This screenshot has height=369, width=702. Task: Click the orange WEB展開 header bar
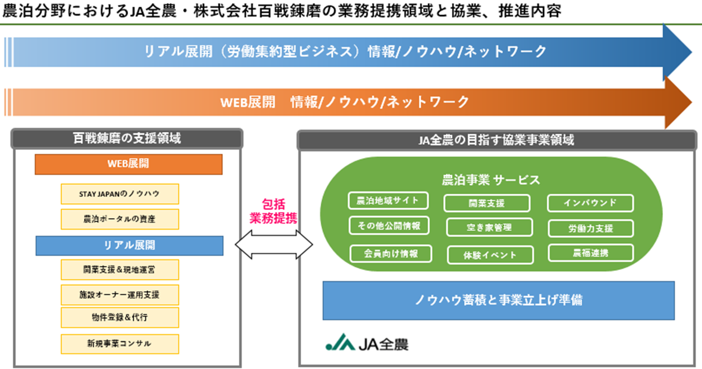click(x=129, y=164)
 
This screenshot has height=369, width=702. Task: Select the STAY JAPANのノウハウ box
click(x=120, y=194)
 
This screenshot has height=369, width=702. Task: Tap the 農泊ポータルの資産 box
click(x=120, y=219)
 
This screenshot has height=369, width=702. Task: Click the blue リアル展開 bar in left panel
click(x=129, y=245)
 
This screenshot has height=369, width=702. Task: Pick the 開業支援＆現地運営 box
click(x=120, y=269)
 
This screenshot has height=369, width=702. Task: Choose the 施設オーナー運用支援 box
click(x=120, y=295)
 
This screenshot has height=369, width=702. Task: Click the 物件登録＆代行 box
click(x=120, y=317)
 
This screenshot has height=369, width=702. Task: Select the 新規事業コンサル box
click(x=120, y=344)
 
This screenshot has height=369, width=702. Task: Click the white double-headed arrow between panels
click(x=274, y=245)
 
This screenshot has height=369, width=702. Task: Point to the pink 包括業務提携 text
click(x=273, y=211)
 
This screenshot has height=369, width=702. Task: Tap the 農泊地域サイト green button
click(x=388, y=200)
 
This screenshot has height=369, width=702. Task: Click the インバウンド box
click(x=591, y=203)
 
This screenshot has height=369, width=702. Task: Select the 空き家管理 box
click(x=489, y=228)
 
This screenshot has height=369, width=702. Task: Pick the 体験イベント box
click(x=490, y=255)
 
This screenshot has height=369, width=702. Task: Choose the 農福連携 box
click(x=591, y=253)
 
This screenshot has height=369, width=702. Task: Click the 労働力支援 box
click(x=591, y=228)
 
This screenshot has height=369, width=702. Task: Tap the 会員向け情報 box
click(x=391, y=254)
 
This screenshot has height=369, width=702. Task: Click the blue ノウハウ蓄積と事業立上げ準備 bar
click(x=499, y=301)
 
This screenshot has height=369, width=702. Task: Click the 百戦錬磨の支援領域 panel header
click(x=127, y=139)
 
